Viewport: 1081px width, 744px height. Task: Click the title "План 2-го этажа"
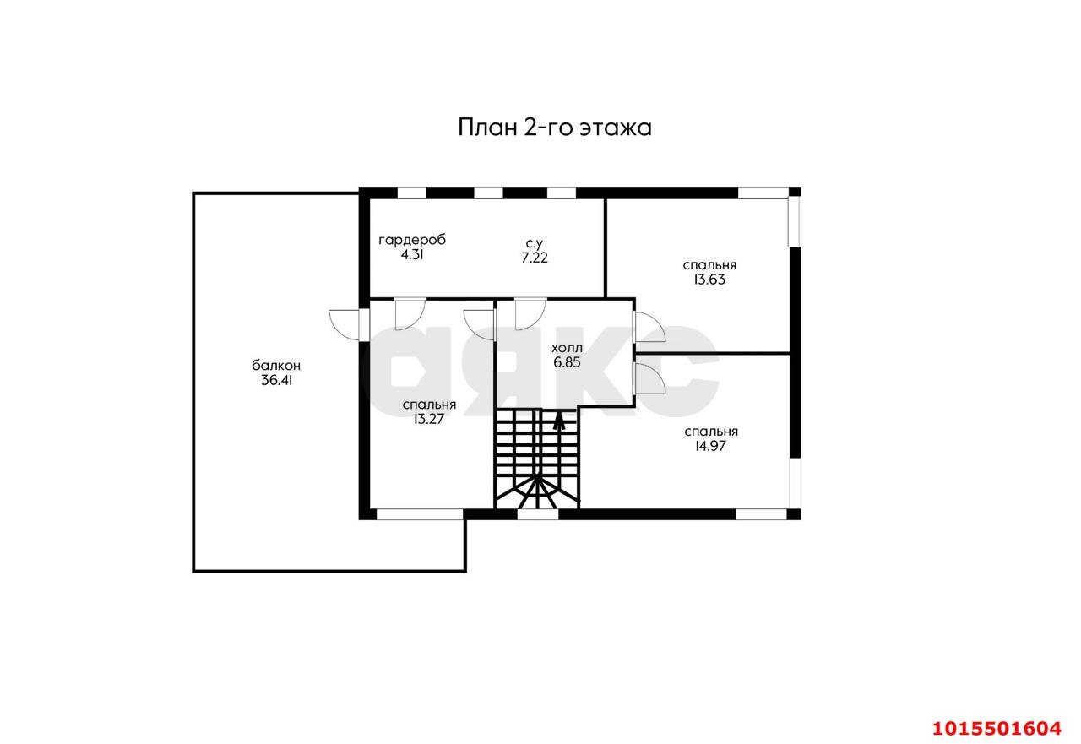(x=555, y=128)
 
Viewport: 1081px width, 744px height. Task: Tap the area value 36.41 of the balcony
(x=277, y=380)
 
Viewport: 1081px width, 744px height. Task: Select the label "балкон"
(x=276, y=366)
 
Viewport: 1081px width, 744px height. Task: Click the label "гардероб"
(x=411, y=240)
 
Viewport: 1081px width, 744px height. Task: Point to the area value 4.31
(x=411, y=253)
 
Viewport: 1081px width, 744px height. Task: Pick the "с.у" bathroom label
(x=535, y=244)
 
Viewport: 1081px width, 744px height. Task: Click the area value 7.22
(x=535, y=258)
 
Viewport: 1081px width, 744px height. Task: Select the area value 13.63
(x=709, y=279)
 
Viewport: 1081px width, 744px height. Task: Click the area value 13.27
(x=429, y=418)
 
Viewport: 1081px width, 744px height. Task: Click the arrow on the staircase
(x=558, y=420)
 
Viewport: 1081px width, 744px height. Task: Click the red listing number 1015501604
(x=996, y=727)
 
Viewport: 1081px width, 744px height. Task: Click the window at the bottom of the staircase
(x=537, y=513)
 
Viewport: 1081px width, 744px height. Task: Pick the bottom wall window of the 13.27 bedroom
(x=419, y=513)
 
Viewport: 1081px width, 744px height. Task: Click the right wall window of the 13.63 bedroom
(x=794, y=221)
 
